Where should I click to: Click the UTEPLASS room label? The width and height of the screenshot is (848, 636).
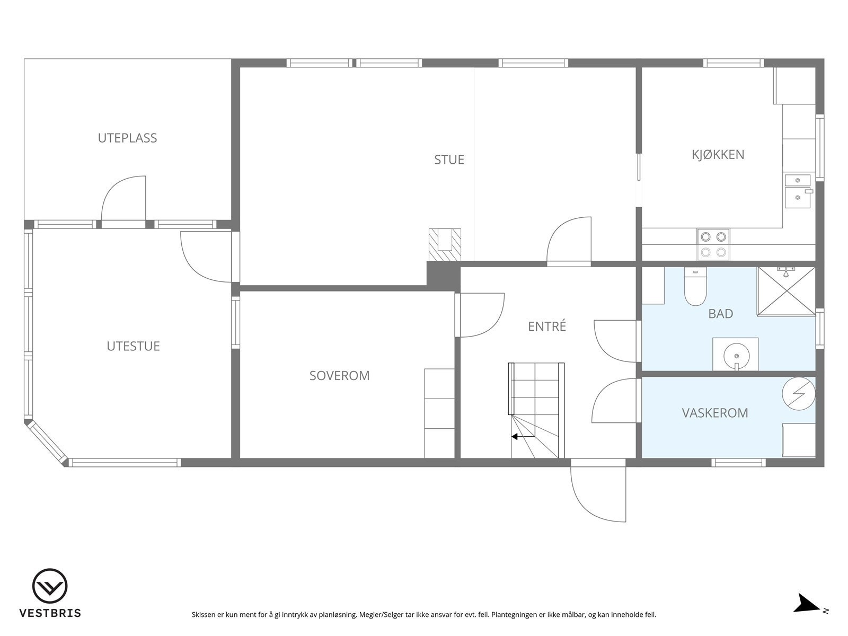(x=127, y=138)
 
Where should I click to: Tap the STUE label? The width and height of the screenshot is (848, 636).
(x=449, y=160)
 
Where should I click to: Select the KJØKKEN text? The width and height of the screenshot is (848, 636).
(x=718, y=155)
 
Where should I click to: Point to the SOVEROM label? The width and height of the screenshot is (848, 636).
(x=339, y=376)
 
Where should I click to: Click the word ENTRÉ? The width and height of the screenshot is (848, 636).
(x=547, y=326)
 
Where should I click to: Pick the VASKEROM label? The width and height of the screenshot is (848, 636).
(x=715, y=413)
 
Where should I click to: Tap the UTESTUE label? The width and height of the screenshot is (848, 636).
(x=133, y=346)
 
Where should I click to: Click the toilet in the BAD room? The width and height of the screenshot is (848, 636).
(x=695, y=287)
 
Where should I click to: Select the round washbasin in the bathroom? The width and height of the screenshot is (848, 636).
(x=735, y=354)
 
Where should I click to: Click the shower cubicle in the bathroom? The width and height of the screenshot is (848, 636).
(x=786, y=291)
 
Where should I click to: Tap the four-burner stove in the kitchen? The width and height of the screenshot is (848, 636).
(x=712, y=244)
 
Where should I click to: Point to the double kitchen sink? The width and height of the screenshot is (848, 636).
(x=797, y=189)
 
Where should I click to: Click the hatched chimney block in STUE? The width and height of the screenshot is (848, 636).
(x=445, y=244)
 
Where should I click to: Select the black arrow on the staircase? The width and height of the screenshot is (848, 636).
(x=514, y=437)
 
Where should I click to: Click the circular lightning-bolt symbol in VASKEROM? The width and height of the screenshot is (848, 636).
(x=798, y=393)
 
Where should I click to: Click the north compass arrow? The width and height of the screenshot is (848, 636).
(x=807, y=604)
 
